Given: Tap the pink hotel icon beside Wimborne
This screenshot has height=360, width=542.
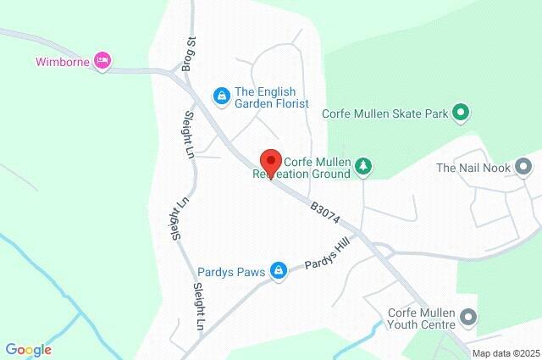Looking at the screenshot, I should pos(102,61).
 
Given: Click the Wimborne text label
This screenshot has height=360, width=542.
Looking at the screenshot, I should pos(64,61).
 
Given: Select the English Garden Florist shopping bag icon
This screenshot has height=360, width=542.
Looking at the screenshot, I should pos(221,96).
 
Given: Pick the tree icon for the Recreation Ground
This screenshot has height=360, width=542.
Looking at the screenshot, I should pos(362,166).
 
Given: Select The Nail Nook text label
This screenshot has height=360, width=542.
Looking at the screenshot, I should pos(473,168).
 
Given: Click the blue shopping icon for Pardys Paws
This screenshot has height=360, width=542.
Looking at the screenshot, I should pos(278,271).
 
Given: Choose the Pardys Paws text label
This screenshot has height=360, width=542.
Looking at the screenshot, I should pos(229,271).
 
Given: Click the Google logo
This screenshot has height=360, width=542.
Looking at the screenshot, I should pos(28,349).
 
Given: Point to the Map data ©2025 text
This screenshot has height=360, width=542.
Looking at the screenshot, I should pos(506,353).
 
